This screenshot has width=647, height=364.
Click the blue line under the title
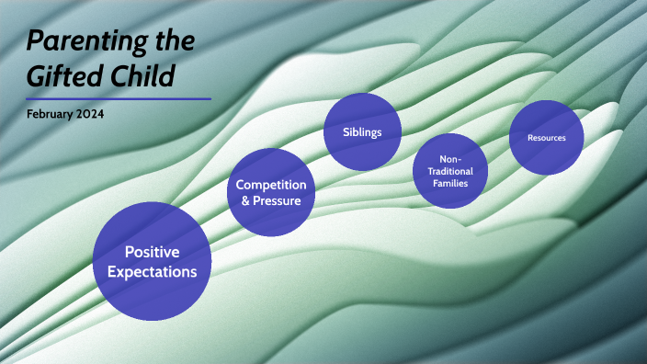point(119,98)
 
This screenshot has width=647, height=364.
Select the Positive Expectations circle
point(153,261)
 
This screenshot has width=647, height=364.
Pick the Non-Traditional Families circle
point(450,171)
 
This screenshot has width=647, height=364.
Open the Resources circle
point(547,138)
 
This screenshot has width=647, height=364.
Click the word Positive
point(153,251)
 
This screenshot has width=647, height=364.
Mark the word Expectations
point(153,271)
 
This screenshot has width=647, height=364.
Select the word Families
point(450,183)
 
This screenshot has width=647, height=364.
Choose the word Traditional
point(450,171)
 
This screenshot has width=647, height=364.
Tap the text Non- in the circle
point(450,159)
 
